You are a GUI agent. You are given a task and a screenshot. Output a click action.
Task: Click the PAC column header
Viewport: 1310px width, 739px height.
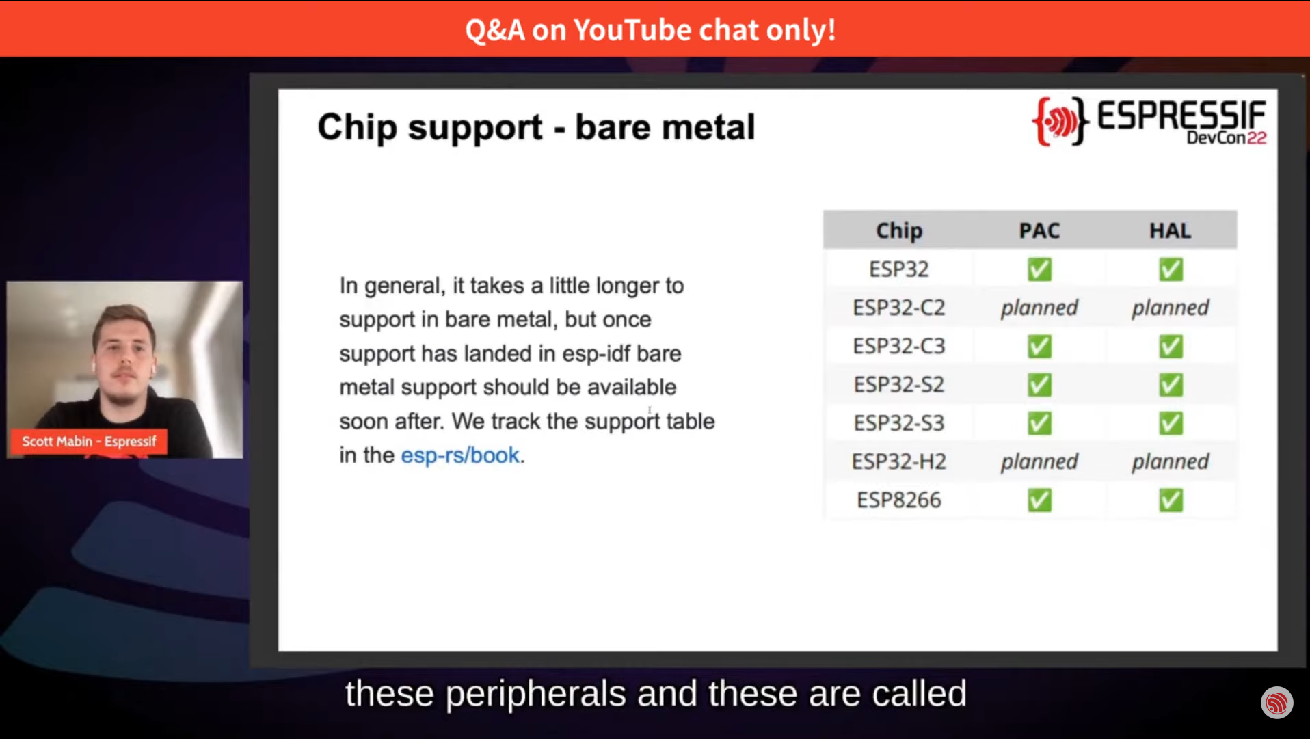pos(1039,230)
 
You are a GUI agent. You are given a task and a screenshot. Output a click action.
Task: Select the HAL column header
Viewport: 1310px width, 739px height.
pos(1170,230)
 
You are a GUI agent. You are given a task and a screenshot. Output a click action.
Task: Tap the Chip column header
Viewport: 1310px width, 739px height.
pos(899,231)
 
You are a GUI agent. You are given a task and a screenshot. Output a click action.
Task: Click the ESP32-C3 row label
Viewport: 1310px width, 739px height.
pos(899,346)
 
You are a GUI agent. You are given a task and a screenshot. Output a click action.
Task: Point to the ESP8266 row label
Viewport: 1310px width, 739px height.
pos(899,500)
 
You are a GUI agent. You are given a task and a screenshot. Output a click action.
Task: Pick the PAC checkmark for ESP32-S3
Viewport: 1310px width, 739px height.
pos(1039,423)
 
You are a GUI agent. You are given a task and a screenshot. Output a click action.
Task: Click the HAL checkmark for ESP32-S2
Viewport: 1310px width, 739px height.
pos(1171,385)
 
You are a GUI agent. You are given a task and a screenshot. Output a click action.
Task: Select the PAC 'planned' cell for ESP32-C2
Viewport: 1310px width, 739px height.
pos(1039,308)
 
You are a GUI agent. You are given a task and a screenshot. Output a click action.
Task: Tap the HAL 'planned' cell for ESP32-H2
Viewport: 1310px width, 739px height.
pos(1171,462)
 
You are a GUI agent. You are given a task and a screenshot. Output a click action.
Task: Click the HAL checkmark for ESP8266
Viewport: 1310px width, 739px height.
pos(1171,500)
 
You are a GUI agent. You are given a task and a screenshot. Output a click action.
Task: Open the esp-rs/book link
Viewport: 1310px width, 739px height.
pos(460,455)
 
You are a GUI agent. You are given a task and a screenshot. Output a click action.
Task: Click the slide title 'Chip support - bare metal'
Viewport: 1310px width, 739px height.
pos(536,128)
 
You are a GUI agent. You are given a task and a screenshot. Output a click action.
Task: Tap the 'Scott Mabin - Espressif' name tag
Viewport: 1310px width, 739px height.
pos(89,442)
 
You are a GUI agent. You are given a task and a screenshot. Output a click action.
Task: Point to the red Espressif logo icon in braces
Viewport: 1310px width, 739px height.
pos(1060,122)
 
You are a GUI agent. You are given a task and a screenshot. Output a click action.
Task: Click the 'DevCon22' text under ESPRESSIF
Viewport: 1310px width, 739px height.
pos(1227,138)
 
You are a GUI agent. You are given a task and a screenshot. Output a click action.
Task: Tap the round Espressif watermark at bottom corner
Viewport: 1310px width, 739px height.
pos(1276,703)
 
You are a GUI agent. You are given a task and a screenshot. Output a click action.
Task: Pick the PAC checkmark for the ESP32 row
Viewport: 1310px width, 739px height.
pos(1039,269)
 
